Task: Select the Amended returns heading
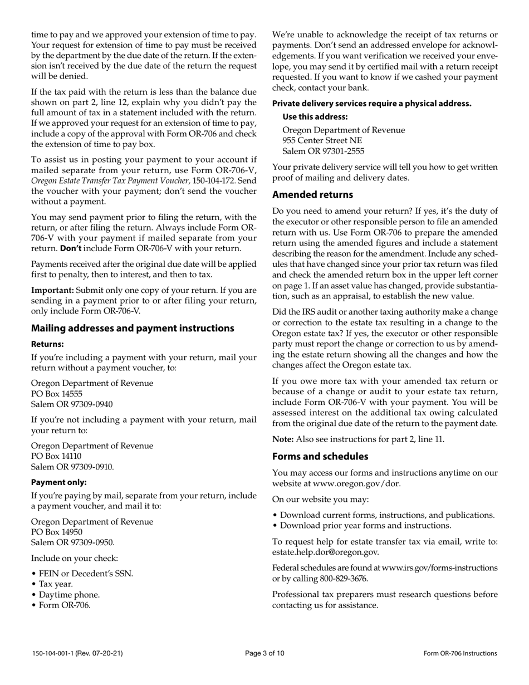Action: point(312,194)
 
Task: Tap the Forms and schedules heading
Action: point(320,456)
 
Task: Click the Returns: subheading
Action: point(47,344)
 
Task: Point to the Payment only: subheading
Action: point(58,482)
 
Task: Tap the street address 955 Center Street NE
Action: point(322,140)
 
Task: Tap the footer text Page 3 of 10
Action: point(264,654)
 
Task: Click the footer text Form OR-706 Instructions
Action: point(460,654)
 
